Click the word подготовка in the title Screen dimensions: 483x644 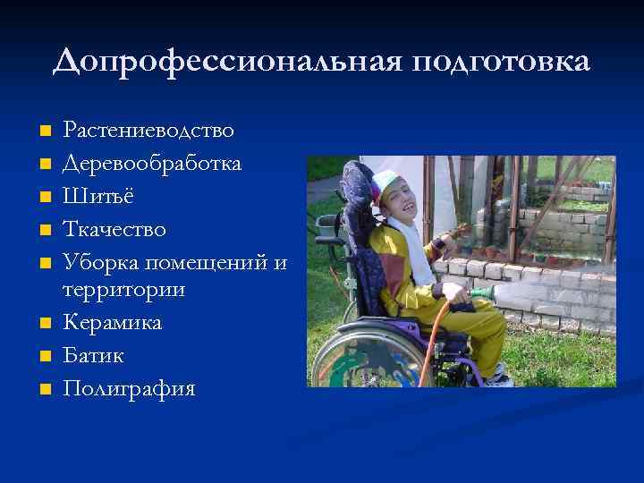(501, 63)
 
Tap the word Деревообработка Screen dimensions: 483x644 (153, 165)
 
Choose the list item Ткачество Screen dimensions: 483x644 (114, 230)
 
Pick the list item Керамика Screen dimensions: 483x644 (112, 322)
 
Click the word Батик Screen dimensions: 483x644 (94, 355)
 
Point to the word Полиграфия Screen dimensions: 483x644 (129, 388)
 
